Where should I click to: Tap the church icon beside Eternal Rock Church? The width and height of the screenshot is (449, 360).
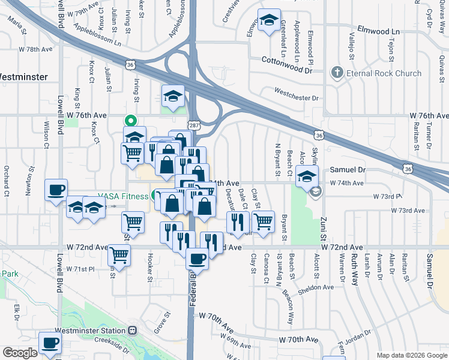click(337, 73)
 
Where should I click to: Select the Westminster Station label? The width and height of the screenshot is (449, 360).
click(90, 331)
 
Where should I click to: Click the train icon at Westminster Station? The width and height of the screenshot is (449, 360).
click(131, 331)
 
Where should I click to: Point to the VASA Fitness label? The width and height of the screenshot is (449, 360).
click(123, 196)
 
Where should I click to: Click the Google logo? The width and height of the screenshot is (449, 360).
click(19, 353)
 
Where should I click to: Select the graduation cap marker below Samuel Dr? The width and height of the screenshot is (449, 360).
click(307, 176)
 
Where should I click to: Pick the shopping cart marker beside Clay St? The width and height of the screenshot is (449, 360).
click(263, 221)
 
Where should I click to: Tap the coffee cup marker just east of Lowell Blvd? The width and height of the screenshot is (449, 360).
click(56, 190)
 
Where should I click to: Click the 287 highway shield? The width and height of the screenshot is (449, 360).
click(193, 125)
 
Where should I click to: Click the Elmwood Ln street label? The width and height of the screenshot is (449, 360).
click(378, 30)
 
